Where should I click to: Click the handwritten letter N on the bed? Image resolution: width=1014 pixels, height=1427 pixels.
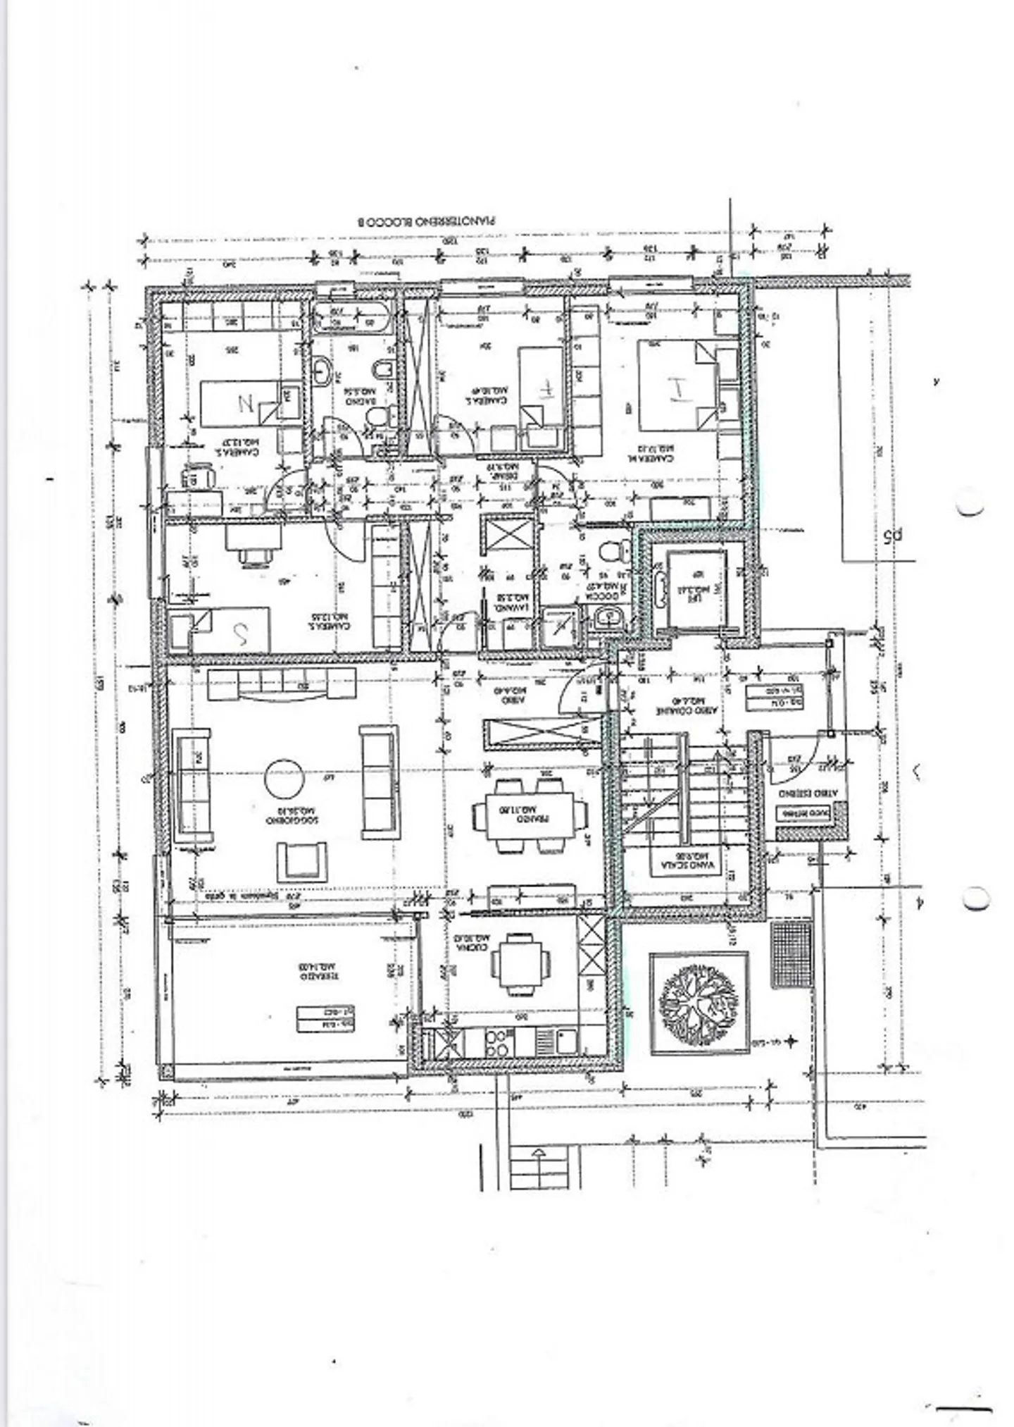point(246,404)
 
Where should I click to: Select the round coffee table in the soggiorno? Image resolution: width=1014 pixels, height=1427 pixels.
point(284,778)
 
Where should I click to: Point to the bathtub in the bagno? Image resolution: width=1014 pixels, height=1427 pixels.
point(349,319)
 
